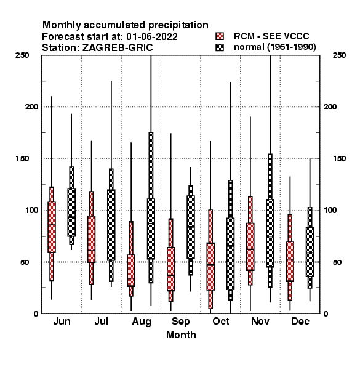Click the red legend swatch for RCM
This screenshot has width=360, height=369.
pyautogui.click(x=220, y=36)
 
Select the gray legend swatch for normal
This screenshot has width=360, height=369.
pyautogui.click(x=220, y=47)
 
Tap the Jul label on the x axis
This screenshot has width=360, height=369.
pyautogui.click(x=102, y=322)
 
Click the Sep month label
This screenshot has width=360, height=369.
pyautogui.click(x=181, y=322)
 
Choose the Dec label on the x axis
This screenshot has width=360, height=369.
pyautogui.click(x=300, y=322)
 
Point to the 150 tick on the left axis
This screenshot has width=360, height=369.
pyautogui.click(x=22, y=159)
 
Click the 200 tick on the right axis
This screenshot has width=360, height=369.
pyautogui.click(x=330, y=106)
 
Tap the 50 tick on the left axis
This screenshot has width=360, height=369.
pyautogui.click(x=25, y=262)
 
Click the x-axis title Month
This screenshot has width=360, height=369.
pyautogui.click(x=181, y=335)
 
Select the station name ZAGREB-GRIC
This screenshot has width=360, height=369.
pyautogui.click(x=118, y=47)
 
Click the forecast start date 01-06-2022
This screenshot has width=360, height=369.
pyautogui.click(x=152, y=37)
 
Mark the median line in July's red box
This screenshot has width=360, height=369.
pyautogui.click(x=91, y=250)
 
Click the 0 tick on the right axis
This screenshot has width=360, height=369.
pyautogui.click(x=326, y=314)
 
